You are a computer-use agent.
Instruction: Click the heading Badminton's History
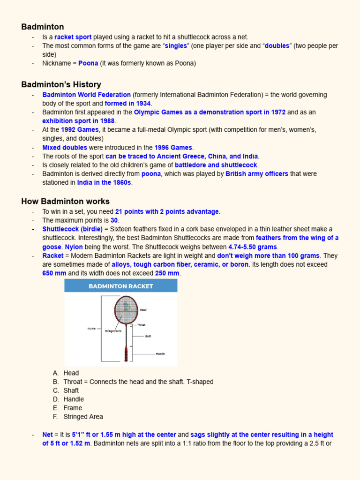(x=61, y=84)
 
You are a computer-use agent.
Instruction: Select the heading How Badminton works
(x=65, y=201)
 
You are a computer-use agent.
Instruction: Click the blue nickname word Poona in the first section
(x=88, y=63)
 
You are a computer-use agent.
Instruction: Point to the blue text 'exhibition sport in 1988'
(x=78, y=121)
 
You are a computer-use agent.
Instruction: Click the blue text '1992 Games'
(x=80, y=130)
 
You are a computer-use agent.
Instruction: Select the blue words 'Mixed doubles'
(x=65, y=148)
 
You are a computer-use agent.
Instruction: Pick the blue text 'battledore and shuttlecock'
(x=216, y=165)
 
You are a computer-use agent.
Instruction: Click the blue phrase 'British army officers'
(x=256, y=174)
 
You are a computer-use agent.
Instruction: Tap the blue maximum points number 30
(x=114, y=220)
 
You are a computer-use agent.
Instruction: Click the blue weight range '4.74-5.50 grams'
(x=253, y=247)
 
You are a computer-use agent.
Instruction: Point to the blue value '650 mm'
(x=54, y=273)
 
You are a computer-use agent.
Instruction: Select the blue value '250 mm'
(x=167, y=273)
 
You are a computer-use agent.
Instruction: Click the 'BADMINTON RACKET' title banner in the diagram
(x=121, y=286)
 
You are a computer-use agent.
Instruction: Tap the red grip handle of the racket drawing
(x=126, y=353)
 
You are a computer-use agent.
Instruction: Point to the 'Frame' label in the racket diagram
(x=91, y=329)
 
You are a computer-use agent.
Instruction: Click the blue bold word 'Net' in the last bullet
(x=47, y=435)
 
